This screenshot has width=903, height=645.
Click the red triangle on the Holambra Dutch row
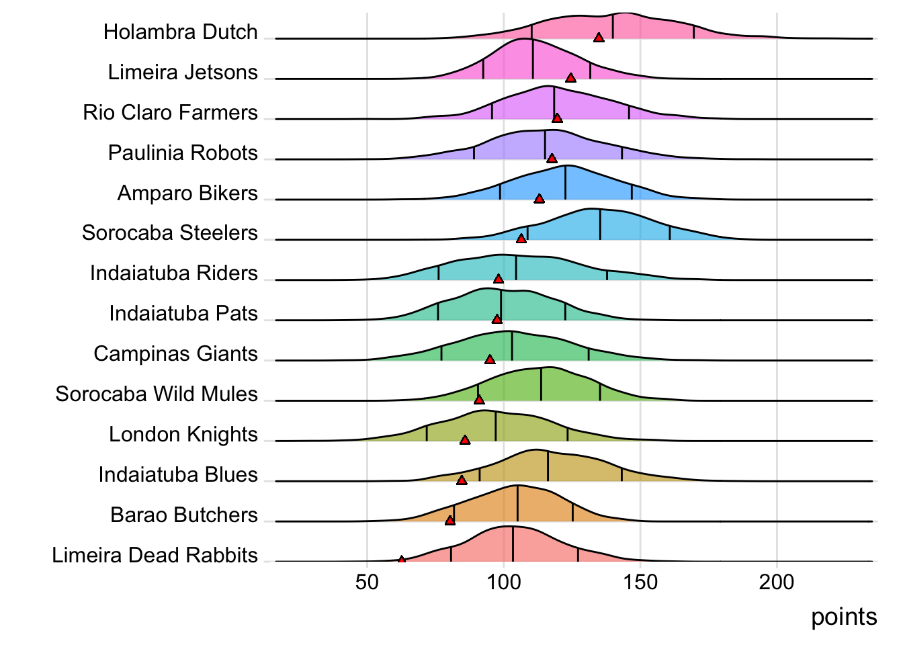[599, 38]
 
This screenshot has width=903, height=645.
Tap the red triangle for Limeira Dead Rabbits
[402, 560]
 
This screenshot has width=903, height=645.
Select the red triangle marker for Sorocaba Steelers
[521, 239]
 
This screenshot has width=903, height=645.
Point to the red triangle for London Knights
[465, 440]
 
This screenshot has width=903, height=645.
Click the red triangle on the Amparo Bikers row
[539, 199]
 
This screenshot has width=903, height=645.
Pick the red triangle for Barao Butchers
[450, 521]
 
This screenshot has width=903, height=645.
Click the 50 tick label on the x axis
[367, 582]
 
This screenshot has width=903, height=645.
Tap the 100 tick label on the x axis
[504, 582]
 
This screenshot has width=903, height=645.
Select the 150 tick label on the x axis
[640, 582]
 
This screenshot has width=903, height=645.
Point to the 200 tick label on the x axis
[777, 582]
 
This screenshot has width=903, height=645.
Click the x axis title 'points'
[844, 617]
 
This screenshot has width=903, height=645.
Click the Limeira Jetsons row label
[183, 73]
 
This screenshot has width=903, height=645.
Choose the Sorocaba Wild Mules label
[157, 394]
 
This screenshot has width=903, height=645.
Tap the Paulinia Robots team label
[183, 153]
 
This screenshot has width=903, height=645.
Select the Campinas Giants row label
[175, 354]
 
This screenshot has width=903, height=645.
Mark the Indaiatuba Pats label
[183, 314]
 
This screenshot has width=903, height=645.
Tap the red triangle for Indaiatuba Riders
[499, 279]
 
